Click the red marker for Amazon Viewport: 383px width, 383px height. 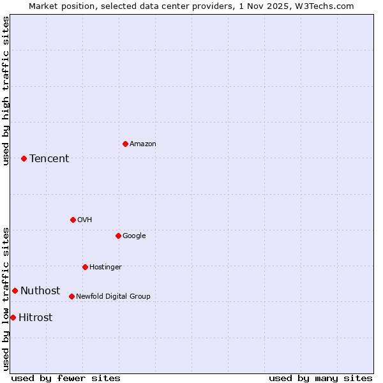pos(125,144)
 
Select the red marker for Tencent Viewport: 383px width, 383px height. pos(24,158)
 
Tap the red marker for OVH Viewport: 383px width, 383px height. pos(73,220)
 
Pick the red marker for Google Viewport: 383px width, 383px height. pos(118,236)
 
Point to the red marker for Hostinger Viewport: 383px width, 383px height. pos(85,267)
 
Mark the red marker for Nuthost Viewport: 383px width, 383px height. pos(15,290)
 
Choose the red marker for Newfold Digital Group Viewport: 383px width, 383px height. pos(71,296)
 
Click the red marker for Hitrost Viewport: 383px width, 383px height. pos(13,317)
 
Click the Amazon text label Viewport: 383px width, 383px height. pos(143,144)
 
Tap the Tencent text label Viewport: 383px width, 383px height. pos(49,159)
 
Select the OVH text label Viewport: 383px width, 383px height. pos(85,220)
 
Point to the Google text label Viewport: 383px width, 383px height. pos(134,236)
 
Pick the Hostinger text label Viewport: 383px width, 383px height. pos(105,267)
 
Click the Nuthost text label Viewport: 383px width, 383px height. pos(40,291)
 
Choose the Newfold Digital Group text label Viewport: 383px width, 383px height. pos(113,297)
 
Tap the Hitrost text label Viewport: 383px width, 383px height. pos(36,318)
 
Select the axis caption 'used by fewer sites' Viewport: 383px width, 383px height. pos(66,378)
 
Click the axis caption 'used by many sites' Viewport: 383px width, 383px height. pos(320,378)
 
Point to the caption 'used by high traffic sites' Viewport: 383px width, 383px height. pos(6,91)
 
